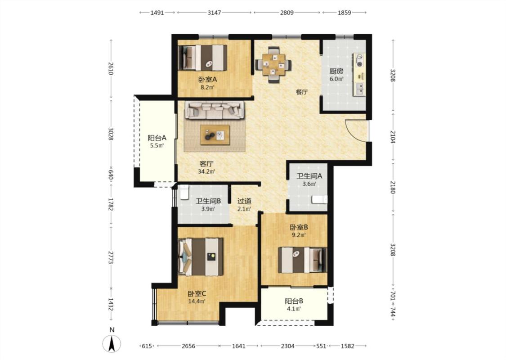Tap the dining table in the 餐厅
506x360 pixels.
(x=273, y=65)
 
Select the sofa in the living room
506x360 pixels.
(x=214, y=110)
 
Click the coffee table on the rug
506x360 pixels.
(x=215, y=135)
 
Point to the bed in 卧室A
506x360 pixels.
(x=203, y=58)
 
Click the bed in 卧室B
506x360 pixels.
(x=302, y=260)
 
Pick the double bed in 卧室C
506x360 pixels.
(x=201, y=257)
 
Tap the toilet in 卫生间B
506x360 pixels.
(x=184, y=193)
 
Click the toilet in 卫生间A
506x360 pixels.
(x=319, y=199)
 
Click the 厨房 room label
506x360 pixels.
(x=336, y=71)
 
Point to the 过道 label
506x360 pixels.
(x=244, y=201)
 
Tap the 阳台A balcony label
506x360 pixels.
(x=157, y=138)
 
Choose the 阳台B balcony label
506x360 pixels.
(x=294, y=301)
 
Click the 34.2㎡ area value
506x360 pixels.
(x=206, y=171)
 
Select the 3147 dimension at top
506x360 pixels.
(x=214, y=13)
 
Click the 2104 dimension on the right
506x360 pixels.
(x=393, y=136)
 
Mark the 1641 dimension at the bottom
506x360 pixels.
(x=239, y=346)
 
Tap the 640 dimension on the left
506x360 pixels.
(x=111, y=175)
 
